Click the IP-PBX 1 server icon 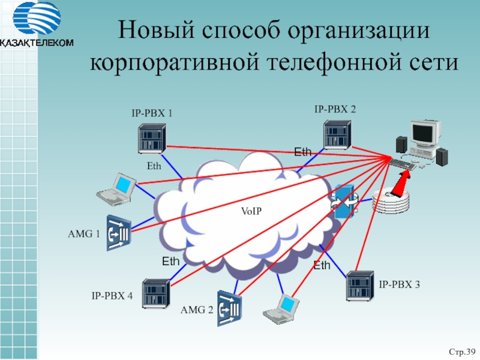(150, 139)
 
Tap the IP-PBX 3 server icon (359, 286)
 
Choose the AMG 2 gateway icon (229, 308)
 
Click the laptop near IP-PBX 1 (117, 190)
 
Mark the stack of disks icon (392, 202)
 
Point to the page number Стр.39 (463, 350)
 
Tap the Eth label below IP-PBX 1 (154, 166)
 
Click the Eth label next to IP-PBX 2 (302, 152)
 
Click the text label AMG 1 (84, 234)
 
